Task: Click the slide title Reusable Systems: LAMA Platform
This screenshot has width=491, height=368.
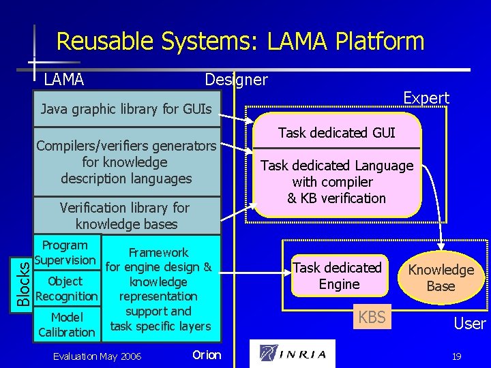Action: (x=240, y=42)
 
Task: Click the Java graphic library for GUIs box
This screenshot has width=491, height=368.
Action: (x=127, y=109)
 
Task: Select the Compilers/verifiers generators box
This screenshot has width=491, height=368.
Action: (x=127, y=162)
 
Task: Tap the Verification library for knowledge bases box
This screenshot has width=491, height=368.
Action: (x=127, y=215)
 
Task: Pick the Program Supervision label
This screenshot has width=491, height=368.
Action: (x=65, y=253)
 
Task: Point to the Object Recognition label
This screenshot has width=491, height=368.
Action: (x=67, y=289)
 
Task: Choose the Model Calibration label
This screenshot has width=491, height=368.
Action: (x=67, y=325)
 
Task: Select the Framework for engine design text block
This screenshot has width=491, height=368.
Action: (x=160, y=290)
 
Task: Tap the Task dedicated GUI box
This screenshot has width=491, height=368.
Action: (x=337, y=133)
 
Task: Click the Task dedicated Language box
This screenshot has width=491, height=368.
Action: (x=337, y=182)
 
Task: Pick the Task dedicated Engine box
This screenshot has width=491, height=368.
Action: (x=338, y=276)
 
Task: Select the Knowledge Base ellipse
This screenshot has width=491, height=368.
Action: (x=441, y=278)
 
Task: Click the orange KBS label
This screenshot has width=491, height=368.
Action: (x=372, y=317)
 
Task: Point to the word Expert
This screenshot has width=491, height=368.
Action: (x=426, y=98)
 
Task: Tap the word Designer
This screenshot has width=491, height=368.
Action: (x=236, y=80)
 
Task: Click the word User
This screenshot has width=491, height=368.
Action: (x=470, y=324)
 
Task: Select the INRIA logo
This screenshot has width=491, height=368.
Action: (x=293, y=354)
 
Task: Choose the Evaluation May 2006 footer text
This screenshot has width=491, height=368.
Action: (x=97, y=356)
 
